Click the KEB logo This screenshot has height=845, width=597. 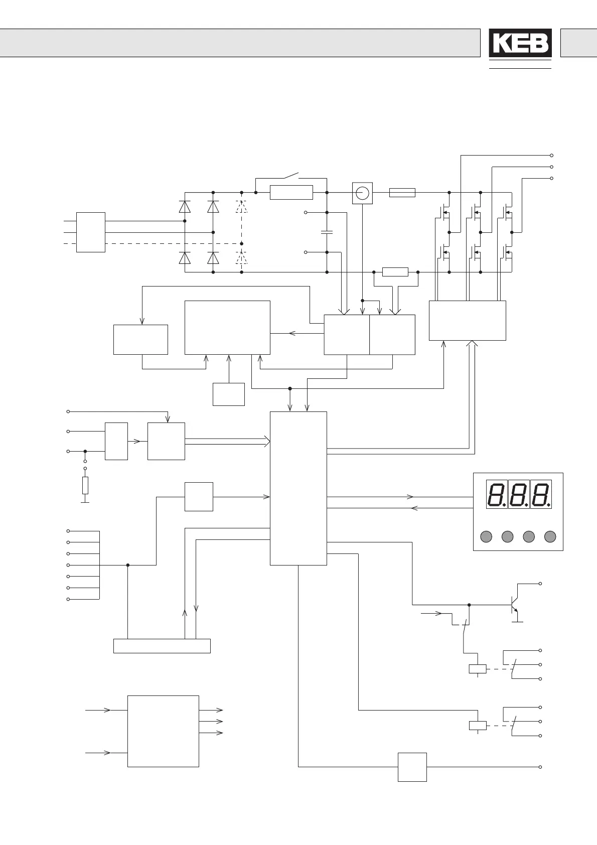point(520,43)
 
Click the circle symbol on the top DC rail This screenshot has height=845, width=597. point(362,193)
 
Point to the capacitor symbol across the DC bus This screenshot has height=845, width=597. point(327,232)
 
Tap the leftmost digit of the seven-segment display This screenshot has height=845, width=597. point(496,494)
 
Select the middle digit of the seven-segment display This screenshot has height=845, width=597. point(518,494)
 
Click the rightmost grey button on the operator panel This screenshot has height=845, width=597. point(550,536)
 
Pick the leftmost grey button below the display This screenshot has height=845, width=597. point(486,536)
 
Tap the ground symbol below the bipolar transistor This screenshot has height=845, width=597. point(517,621)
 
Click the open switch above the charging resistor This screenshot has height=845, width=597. point(291,176)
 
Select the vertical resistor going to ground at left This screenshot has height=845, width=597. point(85,485)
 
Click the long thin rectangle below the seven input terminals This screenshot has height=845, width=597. point(162,646)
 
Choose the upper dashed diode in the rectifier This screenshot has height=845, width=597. point(242,206)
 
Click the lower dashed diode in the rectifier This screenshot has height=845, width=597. point(242,258)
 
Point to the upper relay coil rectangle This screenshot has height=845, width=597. point(477,668)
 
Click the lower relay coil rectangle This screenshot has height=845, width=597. point(477,725)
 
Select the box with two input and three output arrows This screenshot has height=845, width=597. point(163,731)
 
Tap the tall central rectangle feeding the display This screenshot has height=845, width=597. point(298,488)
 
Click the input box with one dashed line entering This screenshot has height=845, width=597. point(91,232)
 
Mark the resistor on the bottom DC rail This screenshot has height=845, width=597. point(395,272)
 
